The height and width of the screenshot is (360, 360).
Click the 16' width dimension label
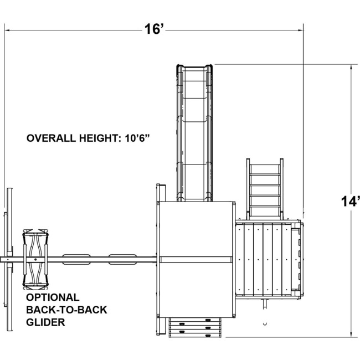[x=155, y=29]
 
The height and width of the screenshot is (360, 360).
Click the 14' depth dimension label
[x=350, y=202]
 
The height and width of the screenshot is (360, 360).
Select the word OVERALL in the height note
[x=51, y=138]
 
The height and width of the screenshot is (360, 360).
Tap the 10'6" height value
[x=137, y=138]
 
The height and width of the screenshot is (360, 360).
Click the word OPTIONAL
[x=53, y=297]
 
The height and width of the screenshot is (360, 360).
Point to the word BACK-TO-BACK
[x=66, y=310]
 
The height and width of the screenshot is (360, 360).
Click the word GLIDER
[x=45, y=322]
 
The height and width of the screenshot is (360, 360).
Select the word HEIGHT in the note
[x=100, y=138]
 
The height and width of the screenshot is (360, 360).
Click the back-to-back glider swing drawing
[x=35, y=259]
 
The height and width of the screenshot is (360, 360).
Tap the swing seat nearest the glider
[x=76, y=259]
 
